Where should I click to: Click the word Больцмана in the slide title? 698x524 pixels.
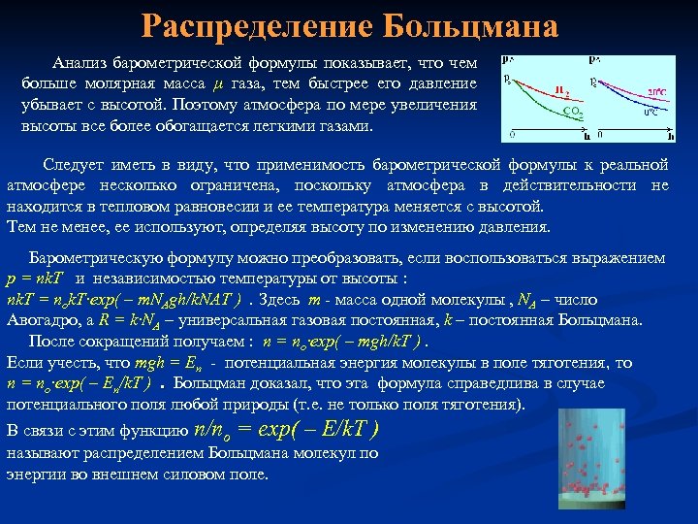pos(471,26)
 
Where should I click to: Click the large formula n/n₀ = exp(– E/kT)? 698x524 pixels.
pos(287,430)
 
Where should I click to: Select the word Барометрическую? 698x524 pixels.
pos(92,258)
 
